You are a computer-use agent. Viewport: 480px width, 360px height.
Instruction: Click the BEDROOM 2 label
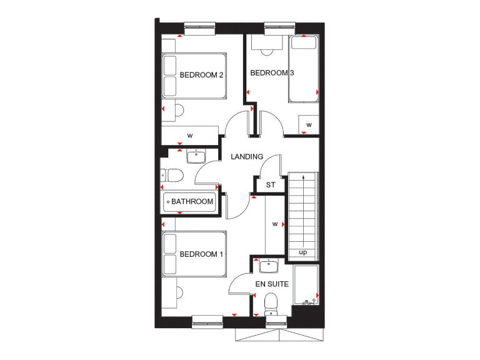202,76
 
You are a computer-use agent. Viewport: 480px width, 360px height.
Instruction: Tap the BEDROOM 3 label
272,73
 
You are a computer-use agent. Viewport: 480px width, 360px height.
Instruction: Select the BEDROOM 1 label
201,254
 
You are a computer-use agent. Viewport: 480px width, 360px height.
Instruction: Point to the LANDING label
247,157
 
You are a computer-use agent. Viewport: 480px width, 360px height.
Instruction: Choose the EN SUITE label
272,284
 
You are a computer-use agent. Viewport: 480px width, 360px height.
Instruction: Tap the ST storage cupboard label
271,185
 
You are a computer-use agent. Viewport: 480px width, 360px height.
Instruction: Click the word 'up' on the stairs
303,253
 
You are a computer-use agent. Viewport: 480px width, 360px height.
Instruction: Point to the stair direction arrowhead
303,178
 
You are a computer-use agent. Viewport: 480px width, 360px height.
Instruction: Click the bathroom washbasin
196,154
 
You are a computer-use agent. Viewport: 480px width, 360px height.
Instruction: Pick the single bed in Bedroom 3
304,69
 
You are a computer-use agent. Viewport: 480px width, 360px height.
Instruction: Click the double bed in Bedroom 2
193,76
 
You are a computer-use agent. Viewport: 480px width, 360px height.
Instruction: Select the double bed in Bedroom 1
193,254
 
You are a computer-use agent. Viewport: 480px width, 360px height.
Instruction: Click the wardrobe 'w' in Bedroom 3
309,125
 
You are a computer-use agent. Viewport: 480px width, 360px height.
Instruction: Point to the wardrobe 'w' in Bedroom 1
274,223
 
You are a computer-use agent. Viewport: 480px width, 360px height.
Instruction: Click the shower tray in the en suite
306,286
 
